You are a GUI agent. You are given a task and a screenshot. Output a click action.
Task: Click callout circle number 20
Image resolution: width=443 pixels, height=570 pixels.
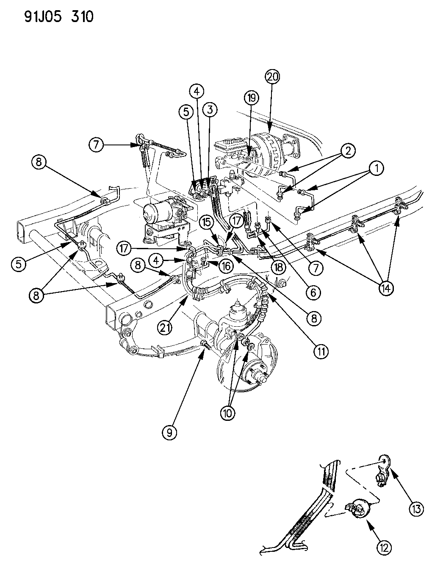click(x=273, y=77)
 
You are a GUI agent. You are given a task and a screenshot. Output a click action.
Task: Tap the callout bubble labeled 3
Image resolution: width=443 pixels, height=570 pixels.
click(x=209, y=110)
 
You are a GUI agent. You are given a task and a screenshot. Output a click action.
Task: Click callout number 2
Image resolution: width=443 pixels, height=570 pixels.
click(x=347, y=150)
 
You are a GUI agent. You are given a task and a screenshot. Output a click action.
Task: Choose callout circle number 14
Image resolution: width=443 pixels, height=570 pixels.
click(x=386, y=288)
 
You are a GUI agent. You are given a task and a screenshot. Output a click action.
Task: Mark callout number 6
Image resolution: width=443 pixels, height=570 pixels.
click(x=313, y=292)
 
